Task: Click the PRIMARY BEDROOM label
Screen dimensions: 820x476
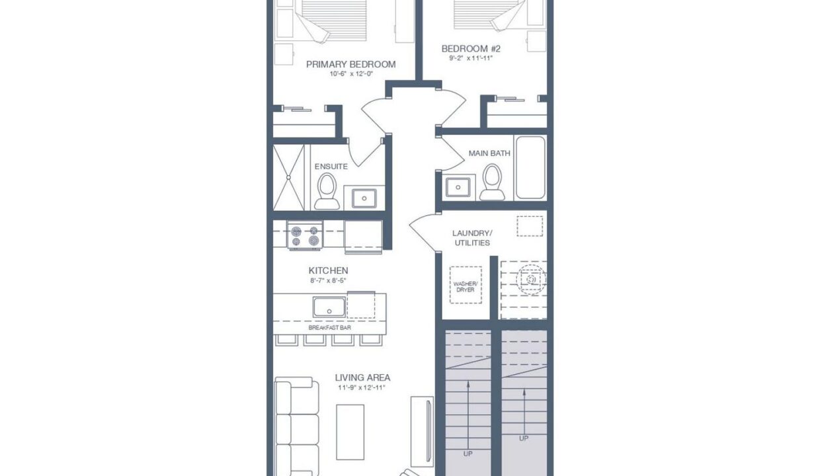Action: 350,64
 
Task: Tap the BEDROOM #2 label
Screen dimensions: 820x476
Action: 471,49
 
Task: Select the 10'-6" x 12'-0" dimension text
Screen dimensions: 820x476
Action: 351,74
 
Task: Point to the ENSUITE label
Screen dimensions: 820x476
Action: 331,167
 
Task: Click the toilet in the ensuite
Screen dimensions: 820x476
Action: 327,191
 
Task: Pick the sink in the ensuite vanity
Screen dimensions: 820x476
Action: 364,198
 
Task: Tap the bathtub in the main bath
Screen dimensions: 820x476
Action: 530,167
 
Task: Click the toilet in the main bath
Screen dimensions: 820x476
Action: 492,182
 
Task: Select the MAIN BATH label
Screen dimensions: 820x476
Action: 489,153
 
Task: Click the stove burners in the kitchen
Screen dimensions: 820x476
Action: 305,235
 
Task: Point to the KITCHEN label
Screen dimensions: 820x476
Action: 329,271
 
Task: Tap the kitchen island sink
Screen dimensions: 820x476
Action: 329,307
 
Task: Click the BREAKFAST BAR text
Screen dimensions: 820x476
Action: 329,328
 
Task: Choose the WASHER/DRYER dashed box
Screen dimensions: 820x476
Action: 466,285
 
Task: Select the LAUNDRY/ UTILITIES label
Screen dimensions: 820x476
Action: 472,238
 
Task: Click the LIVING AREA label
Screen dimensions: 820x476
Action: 362,377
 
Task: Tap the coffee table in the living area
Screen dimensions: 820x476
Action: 350,432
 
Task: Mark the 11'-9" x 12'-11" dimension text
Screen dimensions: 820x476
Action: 362,388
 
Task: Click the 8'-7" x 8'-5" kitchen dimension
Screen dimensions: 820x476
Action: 328,280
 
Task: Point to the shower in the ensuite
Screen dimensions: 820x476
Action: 288,177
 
